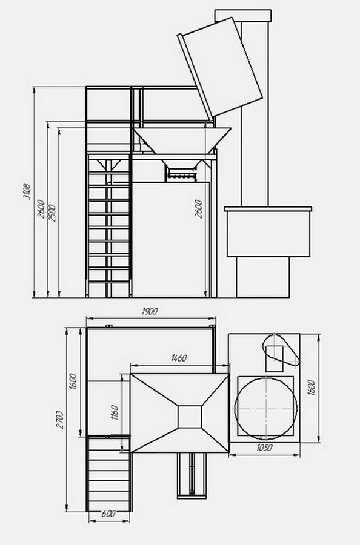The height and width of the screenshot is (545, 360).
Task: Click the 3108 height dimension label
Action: click(27, 191)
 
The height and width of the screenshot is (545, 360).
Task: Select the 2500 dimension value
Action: click(52, 213)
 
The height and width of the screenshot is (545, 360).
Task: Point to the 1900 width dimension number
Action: click(150, 311)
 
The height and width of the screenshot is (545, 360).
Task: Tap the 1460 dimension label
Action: click(179, 358)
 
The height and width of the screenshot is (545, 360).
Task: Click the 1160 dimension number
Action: click(115, 412)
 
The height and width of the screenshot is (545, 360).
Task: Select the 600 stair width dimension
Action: click(108, 514)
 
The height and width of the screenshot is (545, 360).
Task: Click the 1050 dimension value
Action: click(264, 448)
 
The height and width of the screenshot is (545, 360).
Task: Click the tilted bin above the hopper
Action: click(220, 67)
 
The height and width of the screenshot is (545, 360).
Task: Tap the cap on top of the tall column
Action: click(243, 16)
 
